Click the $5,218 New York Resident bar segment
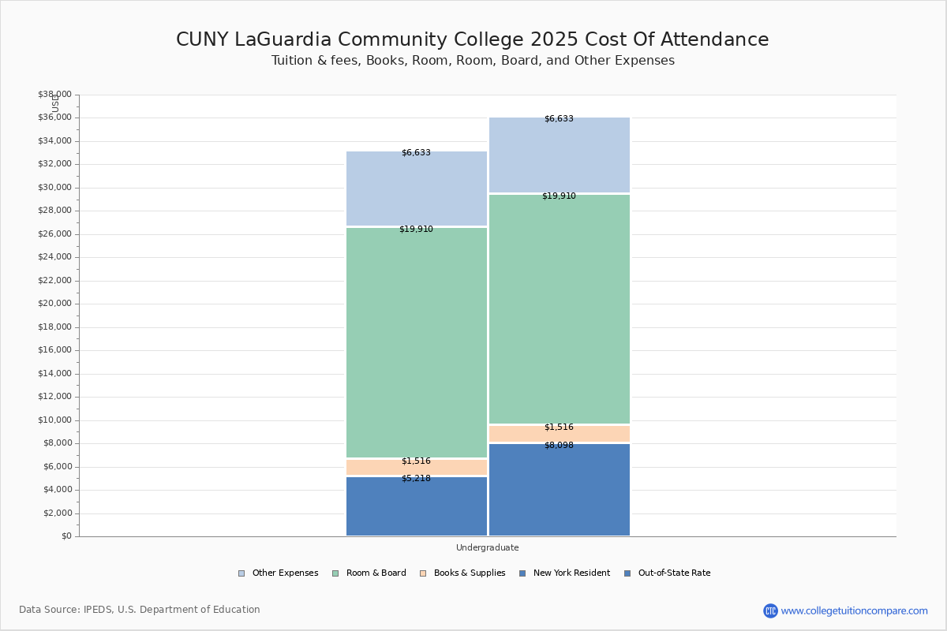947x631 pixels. (x=417, y=506)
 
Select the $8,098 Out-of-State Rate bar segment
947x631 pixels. (x=560, y=490)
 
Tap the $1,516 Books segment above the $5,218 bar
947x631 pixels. (x=417, y=467)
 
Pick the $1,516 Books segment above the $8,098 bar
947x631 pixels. (x=560, y=434)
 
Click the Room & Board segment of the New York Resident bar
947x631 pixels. (x=417, y=342)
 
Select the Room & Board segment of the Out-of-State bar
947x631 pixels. (x=560, y=309)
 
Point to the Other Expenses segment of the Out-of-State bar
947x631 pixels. (x=560, y=155)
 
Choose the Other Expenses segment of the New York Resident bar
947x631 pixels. (x=417, y=189)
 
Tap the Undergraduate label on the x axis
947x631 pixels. (x=487, y=547)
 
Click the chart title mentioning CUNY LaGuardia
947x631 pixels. (x=472, y=39)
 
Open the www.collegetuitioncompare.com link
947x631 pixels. (x=854, y=610)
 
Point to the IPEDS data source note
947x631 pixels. (x=140, y=610)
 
